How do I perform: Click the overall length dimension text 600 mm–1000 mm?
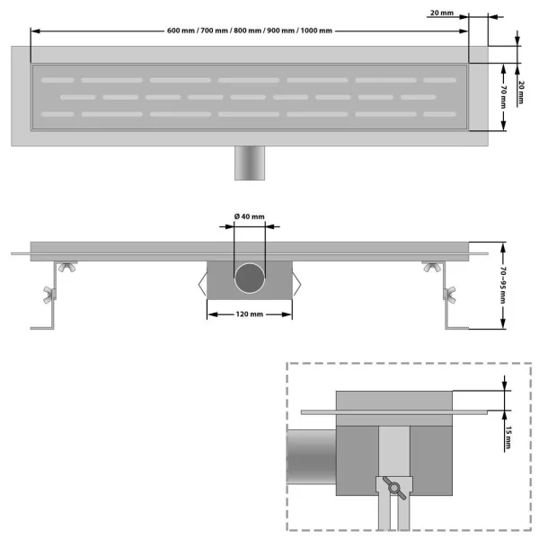pyautogui.click(x=249, y=31)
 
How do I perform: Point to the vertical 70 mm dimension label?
pyautogui.click(x=505, y=96)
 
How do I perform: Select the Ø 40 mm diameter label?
pyautogui.click(x=250, y=216)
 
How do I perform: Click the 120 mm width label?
pyautogui.click(x=250, y=314)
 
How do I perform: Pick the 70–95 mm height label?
pyautogui.click(x=505, y=285)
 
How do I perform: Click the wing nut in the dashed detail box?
pyautogui.click(x=393, y=486)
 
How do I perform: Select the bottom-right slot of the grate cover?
pyautogui.click(x=439, y=114)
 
